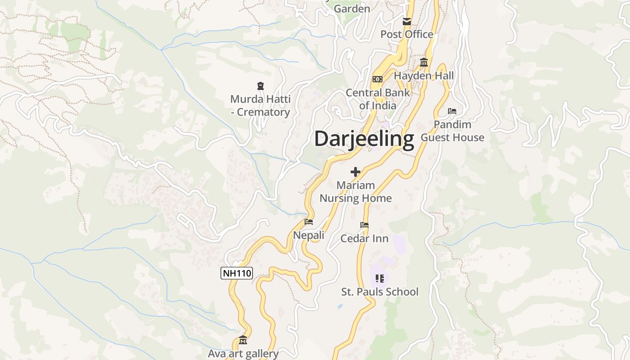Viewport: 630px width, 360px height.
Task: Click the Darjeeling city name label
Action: tap(364, 139)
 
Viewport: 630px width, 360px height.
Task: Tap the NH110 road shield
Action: tap(237, 273)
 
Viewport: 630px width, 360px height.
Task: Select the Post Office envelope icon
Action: tap(407, 21)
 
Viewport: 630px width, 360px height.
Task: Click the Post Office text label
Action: tap(407, 34)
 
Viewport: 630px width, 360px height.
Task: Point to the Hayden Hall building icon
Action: tap(424, 63)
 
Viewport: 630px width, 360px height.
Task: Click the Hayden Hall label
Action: tap(424, 76)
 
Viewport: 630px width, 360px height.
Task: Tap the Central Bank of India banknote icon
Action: tap(378, 79)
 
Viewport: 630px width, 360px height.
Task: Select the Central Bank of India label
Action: tap(378, 99)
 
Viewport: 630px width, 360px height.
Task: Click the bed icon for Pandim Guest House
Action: tap(452, 111)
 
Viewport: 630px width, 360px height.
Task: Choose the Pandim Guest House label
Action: tap(452, 131)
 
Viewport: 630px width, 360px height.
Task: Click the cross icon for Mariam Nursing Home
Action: tap(355, 172)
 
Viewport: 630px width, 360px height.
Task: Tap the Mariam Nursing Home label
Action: tap(355, 192)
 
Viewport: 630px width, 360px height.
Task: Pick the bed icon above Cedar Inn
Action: tap(364, 225)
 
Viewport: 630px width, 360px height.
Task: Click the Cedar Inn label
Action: tap(364, 238)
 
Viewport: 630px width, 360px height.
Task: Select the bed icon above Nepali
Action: tap(309, 222)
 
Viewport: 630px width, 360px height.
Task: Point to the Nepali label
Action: tap(309, 235)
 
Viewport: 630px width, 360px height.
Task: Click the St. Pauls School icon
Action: tap(380, 279)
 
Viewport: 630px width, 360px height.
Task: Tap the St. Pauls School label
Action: tap(380, 292)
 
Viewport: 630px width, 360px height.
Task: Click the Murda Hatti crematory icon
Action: tap(260, 85)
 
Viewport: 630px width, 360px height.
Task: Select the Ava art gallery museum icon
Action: tap(243, 340)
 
